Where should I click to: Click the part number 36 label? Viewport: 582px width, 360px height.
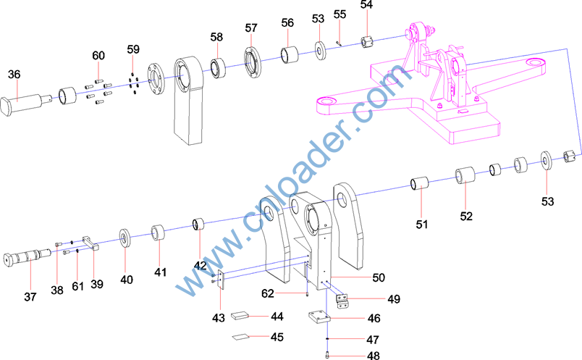[14, 75]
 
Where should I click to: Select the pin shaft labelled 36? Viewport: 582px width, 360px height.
[27, 104]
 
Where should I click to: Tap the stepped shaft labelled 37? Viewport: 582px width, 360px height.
[28, 257]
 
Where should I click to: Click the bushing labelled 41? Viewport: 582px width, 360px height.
[158, 233]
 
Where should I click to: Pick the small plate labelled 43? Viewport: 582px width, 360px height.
[221, 280]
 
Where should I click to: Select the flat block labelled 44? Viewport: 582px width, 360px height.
[240, 316]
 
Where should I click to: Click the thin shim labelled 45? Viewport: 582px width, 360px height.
[240, 337]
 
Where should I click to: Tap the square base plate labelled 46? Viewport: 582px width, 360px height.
[319, 318]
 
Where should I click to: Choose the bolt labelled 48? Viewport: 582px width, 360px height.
[327, 355]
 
